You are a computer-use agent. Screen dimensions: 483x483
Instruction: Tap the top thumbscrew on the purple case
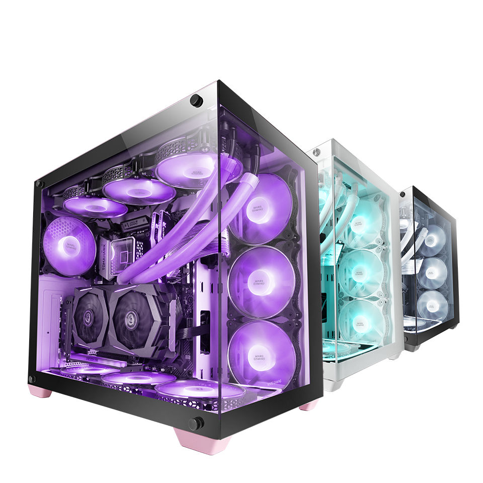coord(197,100)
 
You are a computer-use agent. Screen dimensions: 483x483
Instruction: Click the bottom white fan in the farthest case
coord(432,305)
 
